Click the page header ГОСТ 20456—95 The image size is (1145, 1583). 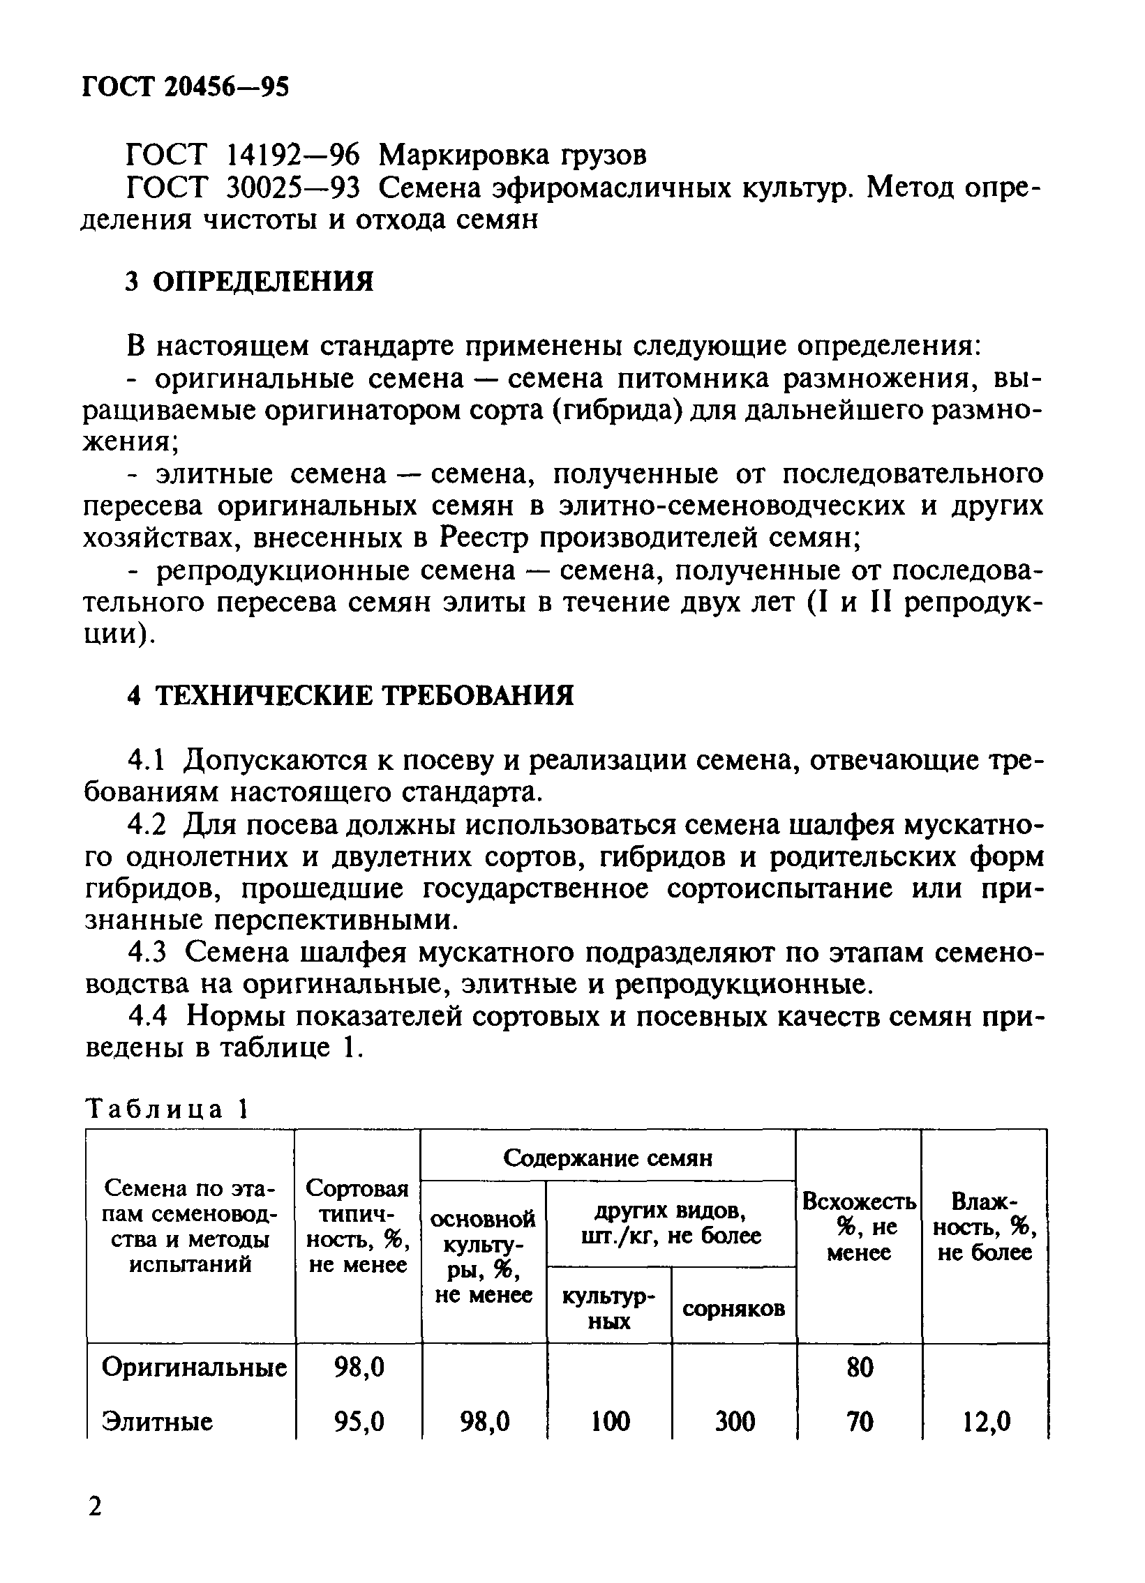pos(186,86)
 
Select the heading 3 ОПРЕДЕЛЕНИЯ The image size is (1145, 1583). pos(249,281)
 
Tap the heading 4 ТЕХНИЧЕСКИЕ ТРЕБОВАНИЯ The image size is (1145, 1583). pos(350,696)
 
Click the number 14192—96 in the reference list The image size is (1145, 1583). pos(294,155)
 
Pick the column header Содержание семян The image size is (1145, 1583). pos(608,1158)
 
